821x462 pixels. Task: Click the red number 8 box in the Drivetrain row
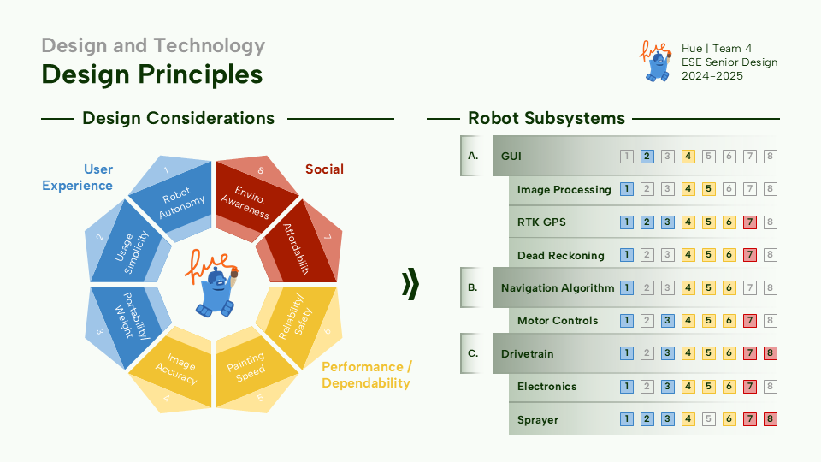tap(771, 353)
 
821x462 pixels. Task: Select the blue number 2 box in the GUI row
tap(647, 157)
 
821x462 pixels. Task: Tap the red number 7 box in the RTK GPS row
tap(750, 222)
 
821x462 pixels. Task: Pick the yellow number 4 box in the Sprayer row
tap(688, 419)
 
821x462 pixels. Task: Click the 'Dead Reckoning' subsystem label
tap(560, 255)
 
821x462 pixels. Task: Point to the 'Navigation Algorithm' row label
tap(558, 288)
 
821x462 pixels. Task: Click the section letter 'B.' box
tap(473, 288)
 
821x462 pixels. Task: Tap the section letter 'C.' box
tap(473, 353)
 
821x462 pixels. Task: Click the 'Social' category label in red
tap(324, 169)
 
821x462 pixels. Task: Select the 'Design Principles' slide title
tap(152, 74)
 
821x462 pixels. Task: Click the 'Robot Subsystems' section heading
tap(546, 118)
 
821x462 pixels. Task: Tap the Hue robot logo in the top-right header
tap(655, 62)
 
